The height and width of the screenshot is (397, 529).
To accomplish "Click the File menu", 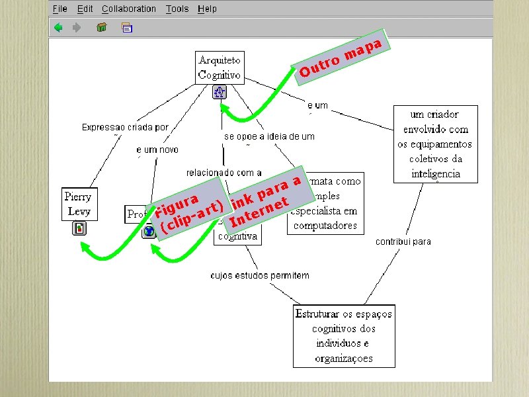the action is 60,9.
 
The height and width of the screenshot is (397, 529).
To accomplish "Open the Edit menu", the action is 85,9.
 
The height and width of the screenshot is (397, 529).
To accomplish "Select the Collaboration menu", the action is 129,9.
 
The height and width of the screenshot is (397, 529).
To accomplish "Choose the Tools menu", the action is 177,9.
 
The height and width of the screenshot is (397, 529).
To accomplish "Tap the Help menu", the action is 207,9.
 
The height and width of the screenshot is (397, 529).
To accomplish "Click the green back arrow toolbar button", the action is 59,28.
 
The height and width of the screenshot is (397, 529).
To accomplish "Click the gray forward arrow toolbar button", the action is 77,28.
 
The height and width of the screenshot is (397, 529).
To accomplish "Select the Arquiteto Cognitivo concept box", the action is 220,67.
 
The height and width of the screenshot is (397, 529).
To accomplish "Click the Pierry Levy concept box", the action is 78,204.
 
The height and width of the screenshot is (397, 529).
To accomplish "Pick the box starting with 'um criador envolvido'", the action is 435,144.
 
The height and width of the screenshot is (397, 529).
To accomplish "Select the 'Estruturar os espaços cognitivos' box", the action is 344,335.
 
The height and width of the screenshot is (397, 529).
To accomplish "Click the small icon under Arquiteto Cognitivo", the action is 220,92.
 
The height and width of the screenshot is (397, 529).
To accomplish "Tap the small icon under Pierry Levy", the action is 79,229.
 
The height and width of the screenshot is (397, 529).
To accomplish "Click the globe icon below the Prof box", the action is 149,231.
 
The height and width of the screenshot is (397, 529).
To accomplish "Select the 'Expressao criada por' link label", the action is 125,127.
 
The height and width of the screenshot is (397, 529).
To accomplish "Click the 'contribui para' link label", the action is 403,242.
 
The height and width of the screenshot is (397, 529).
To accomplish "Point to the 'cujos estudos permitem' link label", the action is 260,275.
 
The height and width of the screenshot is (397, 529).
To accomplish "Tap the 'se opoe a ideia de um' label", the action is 269,136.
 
